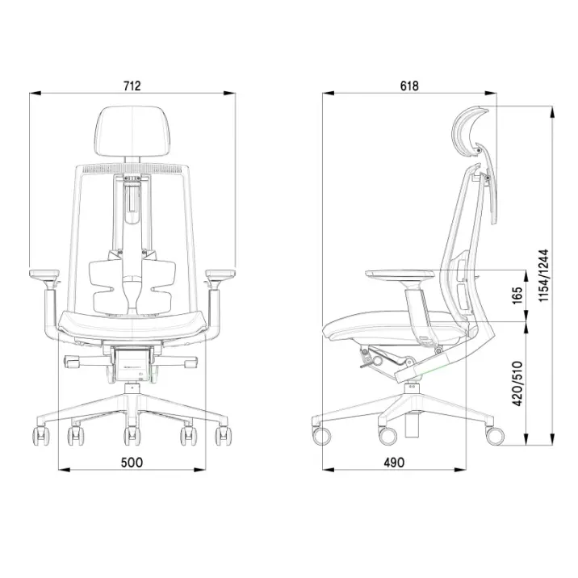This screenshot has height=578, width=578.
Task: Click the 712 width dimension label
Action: [132, 86]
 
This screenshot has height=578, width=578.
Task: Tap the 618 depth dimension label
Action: [409, 86]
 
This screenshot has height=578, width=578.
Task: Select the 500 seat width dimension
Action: [132, 463]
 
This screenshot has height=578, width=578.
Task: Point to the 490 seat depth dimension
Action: [394, 463]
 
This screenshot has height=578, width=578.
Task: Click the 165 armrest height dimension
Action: [517, 295]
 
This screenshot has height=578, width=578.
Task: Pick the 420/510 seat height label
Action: [517, 383]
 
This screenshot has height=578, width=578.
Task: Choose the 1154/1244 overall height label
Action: [543, 276]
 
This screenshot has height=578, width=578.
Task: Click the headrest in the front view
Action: [132, 131]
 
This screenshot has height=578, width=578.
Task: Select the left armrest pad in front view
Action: [44, 274]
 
